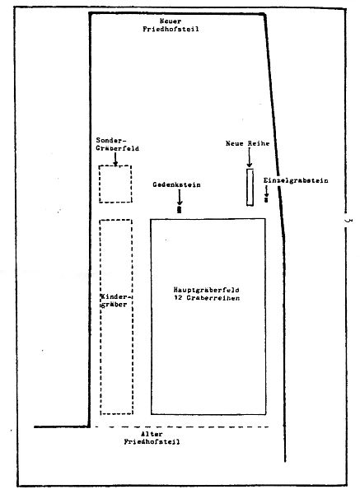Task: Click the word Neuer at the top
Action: tap(171, 21)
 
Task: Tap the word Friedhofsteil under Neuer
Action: tap(171, 30)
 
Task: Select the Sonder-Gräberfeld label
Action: tap(117, 144)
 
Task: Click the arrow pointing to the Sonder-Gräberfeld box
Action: tap(115, 159)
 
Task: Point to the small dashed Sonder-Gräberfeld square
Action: tap(100, 184)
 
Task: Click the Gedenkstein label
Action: tap(176, 184)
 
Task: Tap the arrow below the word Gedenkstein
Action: tap(180, 197)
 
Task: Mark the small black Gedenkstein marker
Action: tap(180, 209)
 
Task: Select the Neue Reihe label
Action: tap(247, 143)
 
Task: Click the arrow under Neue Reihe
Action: tap(250, 157)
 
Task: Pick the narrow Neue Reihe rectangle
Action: tap(247, 187)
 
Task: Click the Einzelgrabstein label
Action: tap(296, 181)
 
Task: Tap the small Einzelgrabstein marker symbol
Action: tap(266, 199)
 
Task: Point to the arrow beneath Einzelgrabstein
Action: tap(266, 191)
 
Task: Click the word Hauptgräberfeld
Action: tap(207, 290)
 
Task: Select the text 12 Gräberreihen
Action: tap(207, 298)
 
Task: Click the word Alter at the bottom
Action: tap(152, 434)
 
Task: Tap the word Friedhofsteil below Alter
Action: tap(152, 441)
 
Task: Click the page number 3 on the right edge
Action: tap(348, 221)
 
